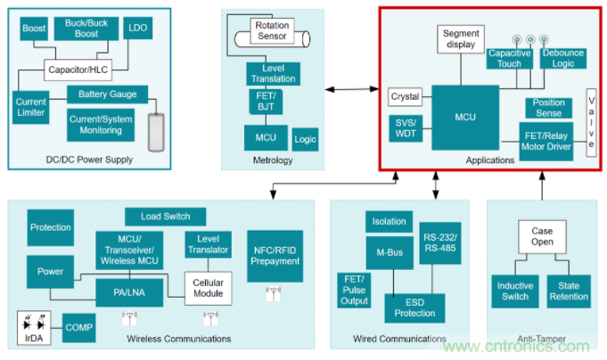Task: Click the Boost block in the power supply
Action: (x=35, y=29)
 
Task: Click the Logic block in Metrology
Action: (x=305, y=140)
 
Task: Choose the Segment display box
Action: (x=461, y=38)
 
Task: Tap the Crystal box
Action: (x=406, y=96)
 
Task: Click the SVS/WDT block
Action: (x=406, y=127)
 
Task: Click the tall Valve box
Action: (x=591, y=122)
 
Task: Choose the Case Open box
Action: (x=543, y=236)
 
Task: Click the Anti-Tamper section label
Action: (x=541, y=339)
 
